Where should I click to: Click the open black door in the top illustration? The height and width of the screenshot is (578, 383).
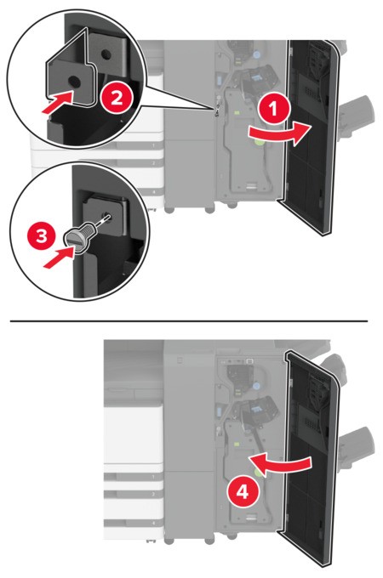(312, 136)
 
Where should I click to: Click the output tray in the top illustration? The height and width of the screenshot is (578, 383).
(354, 111)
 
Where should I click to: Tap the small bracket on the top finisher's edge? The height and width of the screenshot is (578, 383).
(218, 108)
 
